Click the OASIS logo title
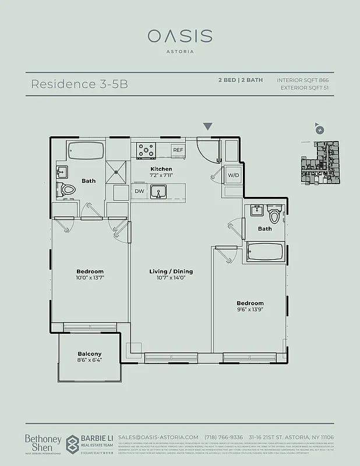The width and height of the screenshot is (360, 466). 179,36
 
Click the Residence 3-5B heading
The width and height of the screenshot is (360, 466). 79,83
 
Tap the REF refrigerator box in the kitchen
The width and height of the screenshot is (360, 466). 178,150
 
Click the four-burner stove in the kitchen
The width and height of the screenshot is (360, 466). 146,151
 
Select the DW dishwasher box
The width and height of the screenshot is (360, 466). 139,191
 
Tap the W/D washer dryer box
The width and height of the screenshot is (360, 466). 233,175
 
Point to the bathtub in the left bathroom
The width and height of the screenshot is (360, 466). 86,151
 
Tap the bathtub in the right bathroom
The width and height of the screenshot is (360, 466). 264,252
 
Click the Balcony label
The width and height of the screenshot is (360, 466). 90,354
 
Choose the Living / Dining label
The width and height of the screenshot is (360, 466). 171,271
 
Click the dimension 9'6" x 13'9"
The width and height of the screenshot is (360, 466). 250,311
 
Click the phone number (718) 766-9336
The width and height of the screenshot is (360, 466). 230,437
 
